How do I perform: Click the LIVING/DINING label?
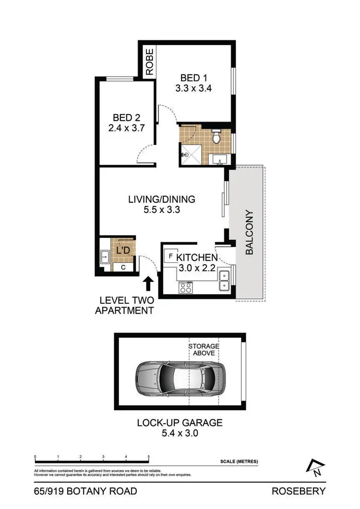161,199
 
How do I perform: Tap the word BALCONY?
249,233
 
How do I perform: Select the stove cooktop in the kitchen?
185,287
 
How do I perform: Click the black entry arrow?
149,282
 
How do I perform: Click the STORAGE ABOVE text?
204,350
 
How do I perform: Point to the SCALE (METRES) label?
239,462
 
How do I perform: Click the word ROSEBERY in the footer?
299,491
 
